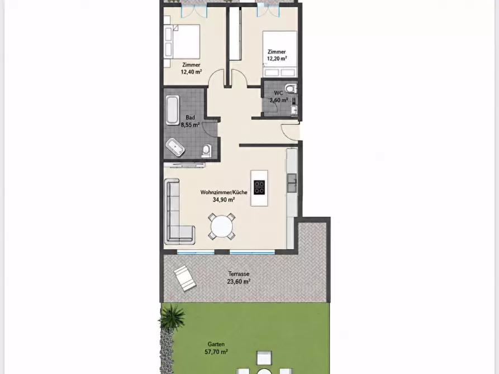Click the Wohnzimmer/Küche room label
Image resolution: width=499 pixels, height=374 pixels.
coord(224,193)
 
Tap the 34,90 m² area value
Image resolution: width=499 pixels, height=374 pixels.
coord(224,200)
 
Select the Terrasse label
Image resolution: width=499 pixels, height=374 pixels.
coord(239,274)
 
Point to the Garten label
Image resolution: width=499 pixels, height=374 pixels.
coord(216,344)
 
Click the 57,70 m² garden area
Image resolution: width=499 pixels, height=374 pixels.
coord(216,352)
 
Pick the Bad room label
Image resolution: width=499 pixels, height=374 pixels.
coord(191,118)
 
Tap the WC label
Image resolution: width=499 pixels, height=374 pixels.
coord(278,93)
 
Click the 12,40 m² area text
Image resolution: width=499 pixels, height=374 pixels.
coord(191,72)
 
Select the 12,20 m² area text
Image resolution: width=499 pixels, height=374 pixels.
coord(277,59)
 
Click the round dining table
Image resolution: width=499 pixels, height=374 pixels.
coord(222,227)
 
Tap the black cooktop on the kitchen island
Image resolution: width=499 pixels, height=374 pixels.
coord(259,188)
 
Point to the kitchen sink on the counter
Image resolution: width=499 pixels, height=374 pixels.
coord(292,183)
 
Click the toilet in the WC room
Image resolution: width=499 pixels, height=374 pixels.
coord(291,88)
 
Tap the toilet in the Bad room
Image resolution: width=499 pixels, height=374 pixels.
coord(206,151)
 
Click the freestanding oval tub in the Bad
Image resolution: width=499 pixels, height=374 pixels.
coord(175,147)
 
